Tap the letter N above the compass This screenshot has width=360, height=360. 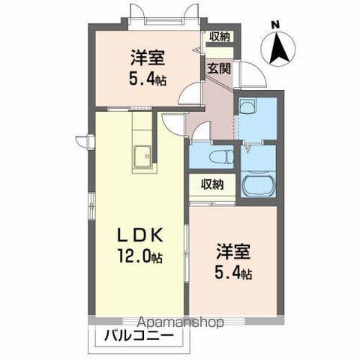point(274,25)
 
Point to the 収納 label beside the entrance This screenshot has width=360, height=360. point(220,36)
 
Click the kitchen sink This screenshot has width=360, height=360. point(141,158)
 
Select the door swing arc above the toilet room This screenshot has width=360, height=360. point(196,135)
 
